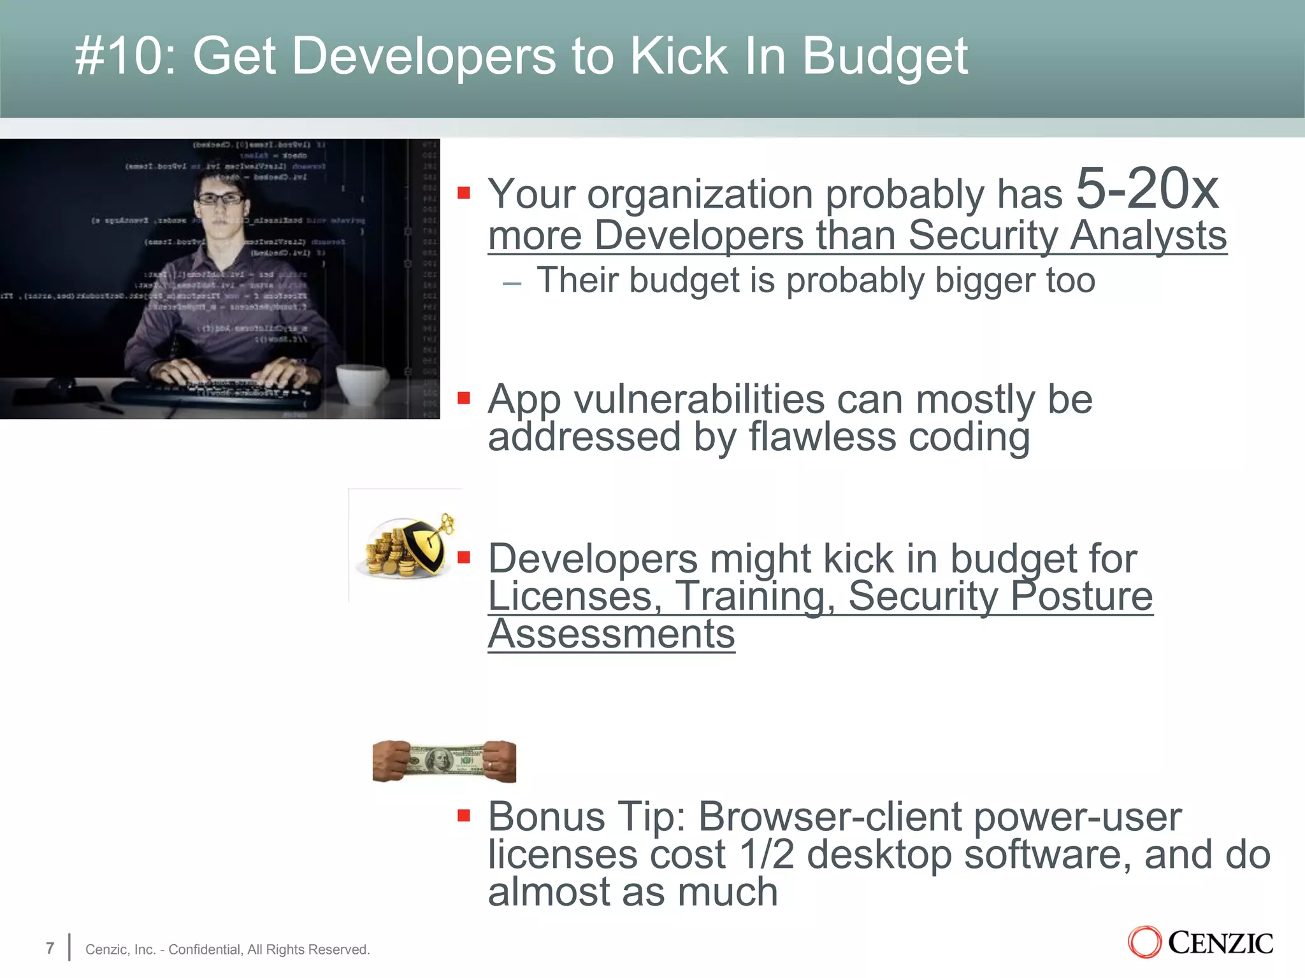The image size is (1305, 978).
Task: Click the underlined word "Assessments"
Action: pos(611,634)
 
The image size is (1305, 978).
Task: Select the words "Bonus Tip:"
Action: pos(586,816)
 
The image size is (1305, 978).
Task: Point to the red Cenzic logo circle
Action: pos(1144,942)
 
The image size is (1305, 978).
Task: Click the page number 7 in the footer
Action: pos(50,948)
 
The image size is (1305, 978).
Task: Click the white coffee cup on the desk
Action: pos(361,382)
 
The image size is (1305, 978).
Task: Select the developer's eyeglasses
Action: pos(220,199)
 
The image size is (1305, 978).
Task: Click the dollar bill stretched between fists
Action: pos(443,761)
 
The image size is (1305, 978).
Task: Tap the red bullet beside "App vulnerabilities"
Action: pos(464,399)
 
